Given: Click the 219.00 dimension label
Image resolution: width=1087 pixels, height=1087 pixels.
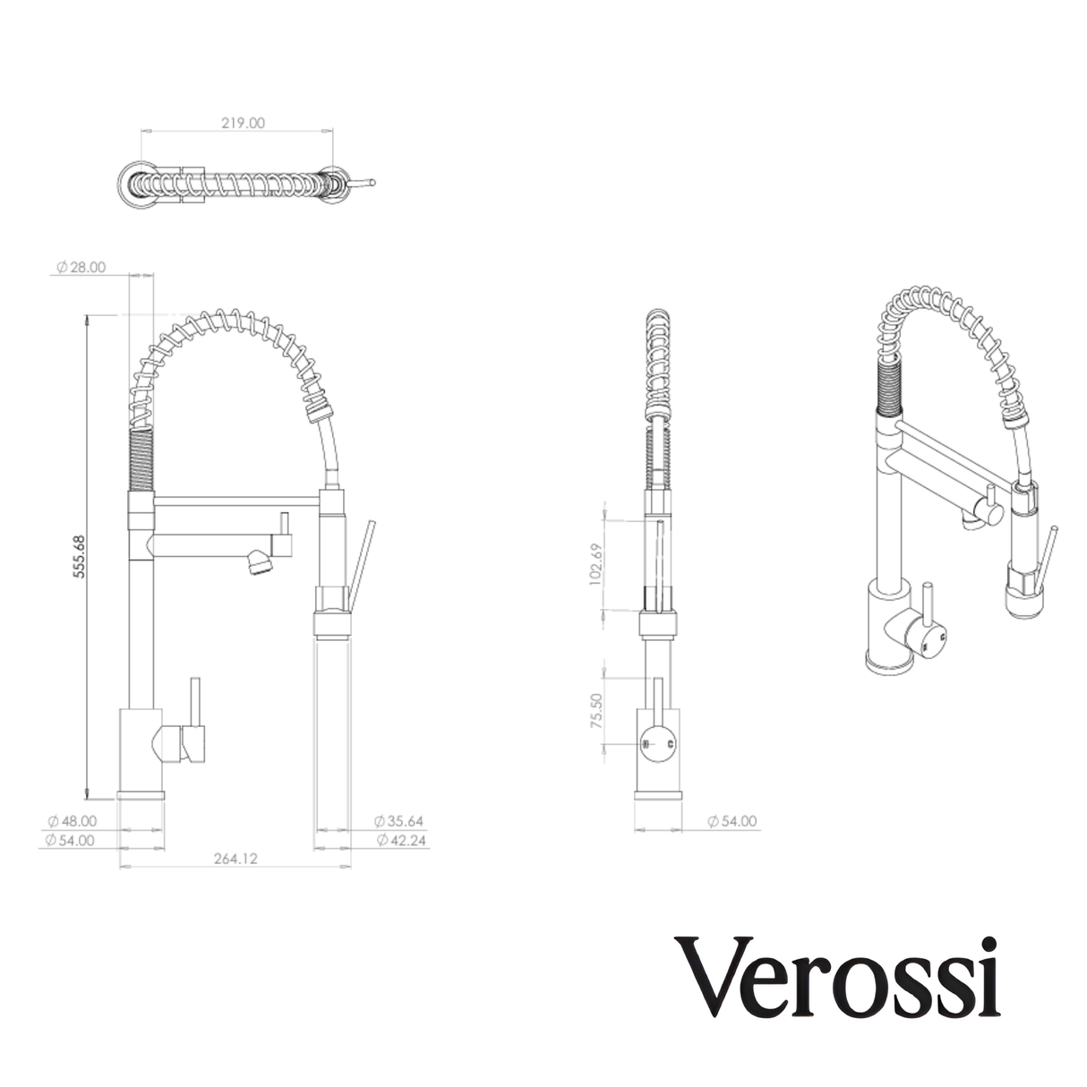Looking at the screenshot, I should tap(243, 124).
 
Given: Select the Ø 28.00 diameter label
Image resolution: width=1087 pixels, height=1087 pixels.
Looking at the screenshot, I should tap(81, 267).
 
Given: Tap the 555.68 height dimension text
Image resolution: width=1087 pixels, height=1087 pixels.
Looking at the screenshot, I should tap(79, 556).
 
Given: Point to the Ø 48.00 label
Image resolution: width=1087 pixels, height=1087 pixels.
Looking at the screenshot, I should tap(72, 820).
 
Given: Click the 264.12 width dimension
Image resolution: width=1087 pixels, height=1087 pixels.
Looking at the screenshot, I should tap(235, 859).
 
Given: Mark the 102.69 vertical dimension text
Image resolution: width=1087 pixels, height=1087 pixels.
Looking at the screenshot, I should tap(597, 564).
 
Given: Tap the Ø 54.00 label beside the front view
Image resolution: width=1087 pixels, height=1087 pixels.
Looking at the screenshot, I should tap(732, 820).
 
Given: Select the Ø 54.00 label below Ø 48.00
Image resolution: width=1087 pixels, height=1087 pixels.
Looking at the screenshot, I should tap(72, 840).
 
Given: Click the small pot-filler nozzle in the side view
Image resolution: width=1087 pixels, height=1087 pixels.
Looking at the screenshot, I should tap(257, 565).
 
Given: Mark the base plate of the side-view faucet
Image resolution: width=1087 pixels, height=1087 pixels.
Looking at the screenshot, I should tap(141, 794).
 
